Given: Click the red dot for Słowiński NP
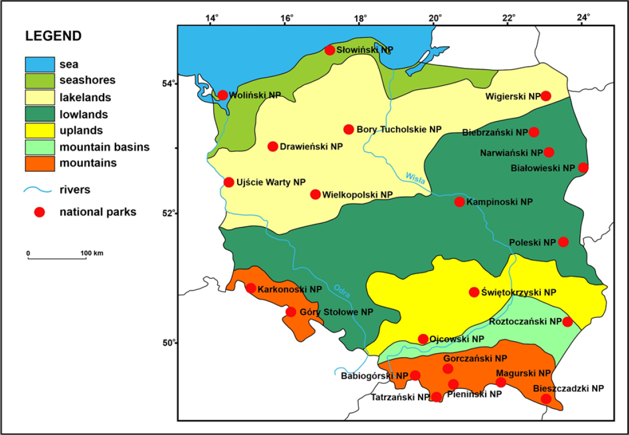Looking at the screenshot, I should click(330, 50).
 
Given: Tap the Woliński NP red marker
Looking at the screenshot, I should click(222, 95).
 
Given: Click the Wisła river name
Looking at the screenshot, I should click(416, 178).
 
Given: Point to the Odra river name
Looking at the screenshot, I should click(341, 290).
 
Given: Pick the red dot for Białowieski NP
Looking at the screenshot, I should click(583, 168).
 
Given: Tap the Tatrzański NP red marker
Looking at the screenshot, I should click(436, 397).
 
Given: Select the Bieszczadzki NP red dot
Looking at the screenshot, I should click(546, 399).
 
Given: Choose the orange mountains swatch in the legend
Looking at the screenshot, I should click(39, 163).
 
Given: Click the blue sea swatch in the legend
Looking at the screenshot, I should click(39, 64).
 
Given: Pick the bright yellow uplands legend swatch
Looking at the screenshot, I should click(39, 130).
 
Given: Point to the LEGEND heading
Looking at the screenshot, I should click(53, 36).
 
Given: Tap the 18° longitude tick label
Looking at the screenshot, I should click(361, 18).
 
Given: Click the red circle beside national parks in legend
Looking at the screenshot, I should click(39, 212).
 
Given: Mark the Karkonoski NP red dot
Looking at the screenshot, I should click(250, 288).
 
